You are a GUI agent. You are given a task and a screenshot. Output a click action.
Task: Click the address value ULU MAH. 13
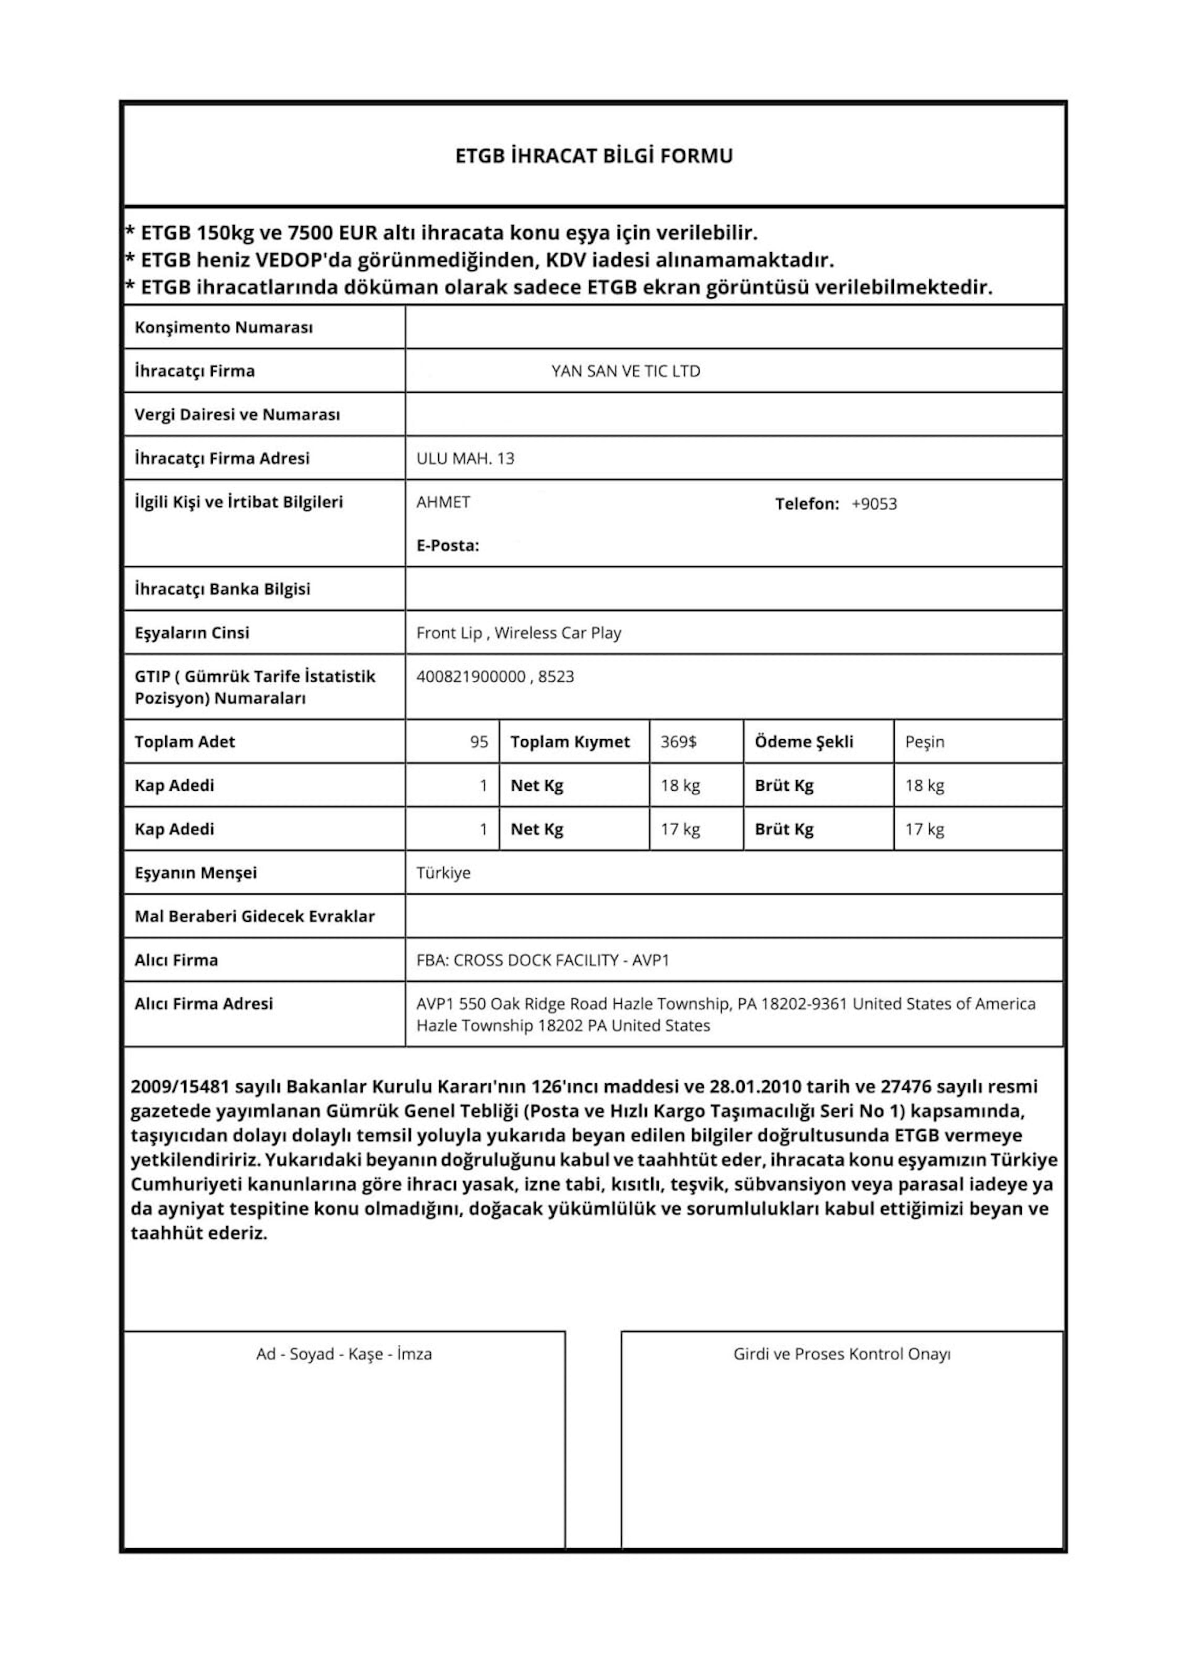coord(465,458)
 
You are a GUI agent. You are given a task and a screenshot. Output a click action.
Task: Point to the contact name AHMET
coord(443,502)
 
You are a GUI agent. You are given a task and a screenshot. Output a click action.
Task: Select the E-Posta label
coord(448,546)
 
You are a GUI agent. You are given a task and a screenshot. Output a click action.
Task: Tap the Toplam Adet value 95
coord(479,742)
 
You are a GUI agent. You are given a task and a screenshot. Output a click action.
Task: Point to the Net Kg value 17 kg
coord(680,829)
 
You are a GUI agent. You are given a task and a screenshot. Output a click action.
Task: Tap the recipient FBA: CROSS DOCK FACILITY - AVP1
coord(543,960)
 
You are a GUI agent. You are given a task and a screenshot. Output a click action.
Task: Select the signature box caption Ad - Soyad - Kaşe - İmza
coord(344,1354)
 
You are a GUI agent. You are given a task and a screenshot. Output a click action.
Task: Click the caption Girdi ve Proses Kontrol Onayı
coord(842,1354)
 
